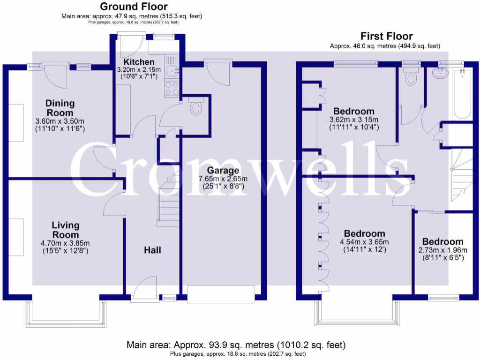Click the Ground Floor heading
pyautogui.click(x=134, y=7)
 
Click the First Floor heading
pyautogui.click(x=386, y=36)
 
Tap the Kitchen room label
pyautogui.click(x=139, y=62)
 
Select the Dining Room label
pyautogui.click(x=60, y=108)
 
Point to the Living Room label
pyautogui.click(x=66, y=230)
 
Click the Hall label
pyautogui.click(x=152, y=250)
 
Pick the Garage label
pyautogui.click(x=223, y=170)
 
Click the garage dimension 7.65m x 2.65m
pyautogui.click(x=223, y=179)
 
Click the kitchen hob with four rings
pyautogui.click(x=172, y=88)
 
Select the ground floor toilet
pyautogui.click(x=195, y=106)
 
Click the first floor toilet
pyautogui.click(x=411, y=76)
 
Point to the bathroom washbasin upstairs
pyautogui.click(x=440, y=73)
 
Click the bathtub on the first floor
pyautogui.click(x=462, y=94)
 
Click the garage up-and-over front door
pyautogui.click(x=221, y=294)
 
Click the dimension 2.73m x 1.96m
pyautogui.click(x=442, y=250)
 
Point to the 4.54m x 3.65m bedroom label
pyautogui.click(x=364, y=233)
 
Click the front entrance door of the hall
pyautogui.click(x=145, y=289)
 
